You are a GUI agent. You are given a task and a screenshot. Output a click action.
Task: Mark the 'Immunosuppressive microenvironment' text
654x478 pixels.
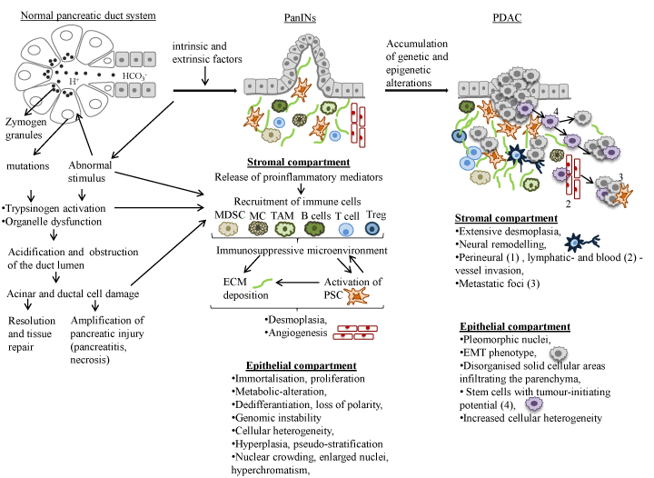pos(312,250)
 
